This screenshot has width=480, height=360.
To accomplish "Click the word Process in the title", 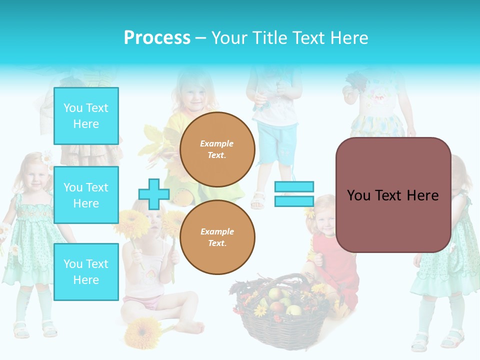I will pyautogui.click(x=157, y=38).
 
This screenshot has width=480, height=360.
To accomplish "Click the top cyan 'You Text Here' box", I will pyautogui.click(x=86, y=116).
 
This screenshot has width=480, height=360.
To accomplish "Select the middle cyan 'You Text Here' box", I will pyautogui.click(x=86, y=195).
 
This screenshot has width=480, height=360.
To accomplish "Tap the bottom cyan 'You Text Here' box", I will pyautogui.click(x=86, y=271).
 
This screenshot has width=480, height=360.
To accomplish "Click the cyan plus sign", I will pyautogui.click(x=153, y=194).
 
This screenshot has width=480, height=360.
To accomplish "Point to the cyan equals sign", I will pyautogui.click(x=294, y=194).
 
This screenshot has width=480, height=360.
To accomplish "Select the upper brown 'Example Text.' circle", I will pyautogui.click(x=217, y=149).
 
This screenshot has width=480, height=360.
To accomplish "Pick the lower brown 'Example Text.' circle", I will pyautogui.click(x=217, y=237).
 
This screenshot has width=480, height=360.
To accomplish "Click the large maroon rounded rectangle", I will pyautogui.click(x=393, y=195).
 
